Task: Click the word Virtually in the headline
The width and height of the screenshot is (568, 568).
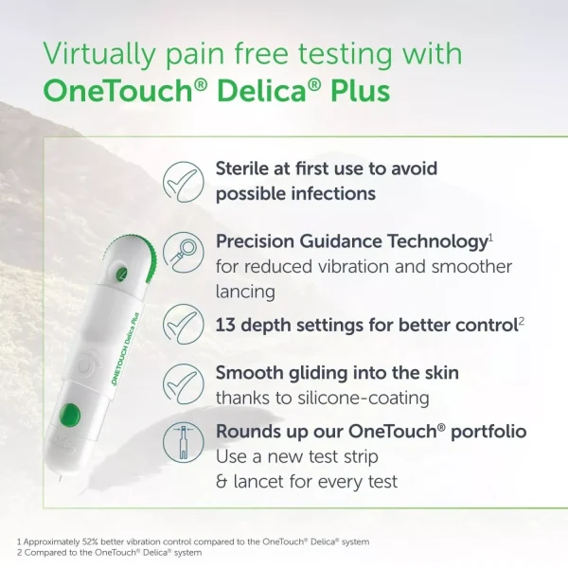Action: click(x=98, y=54)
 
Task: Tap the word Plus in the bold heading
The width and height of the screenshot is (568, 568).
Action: click(x=360, y=90)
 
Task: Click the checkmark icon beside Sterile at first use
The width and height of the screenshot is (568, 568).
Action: click(x=184, y=182)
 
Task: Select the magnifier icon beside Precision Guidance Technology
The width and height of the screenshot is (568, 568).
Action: click(x=184, y=253)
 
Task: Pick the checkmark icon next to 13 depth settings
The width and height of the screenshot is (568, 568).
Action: click(x=184, y=324)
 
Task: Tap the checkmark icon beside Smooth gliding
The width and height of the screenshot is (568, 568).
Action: click(x=184, y=384)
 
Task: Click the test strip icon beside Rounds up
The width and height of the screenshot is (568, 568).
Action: click(x=184, y=442)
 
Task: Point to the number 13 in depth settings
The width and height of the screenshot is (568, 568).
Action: click(x=225, y=325)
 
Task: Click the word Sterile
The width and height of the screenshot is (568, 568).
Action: click(x=242, y=169)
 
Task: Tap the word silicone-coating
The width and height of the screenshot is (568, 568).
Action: click(x=364, y=399)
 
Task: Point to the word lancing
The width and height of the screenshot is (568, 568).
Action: click(x=245, y=292)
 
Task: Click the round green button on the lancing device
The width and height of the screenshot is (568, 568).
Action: click(x=69, y=414)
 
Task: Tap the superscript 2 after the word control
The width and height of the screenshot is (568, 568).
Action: click(x=521, y=320)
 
